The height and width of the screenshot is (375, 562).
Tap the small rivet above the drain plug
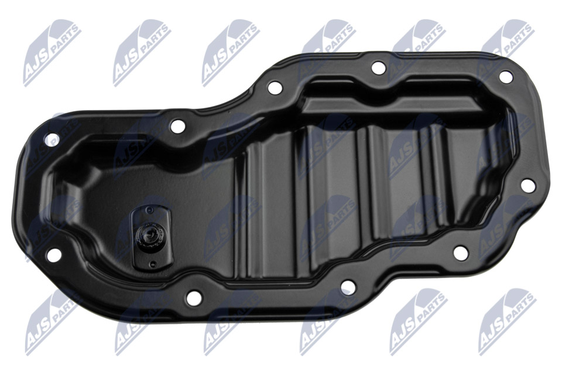click(150, 210)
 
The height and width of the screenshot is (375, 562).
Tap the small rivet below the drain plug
click(153, 264)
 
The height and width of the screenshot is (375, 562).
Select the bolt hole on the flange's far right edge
click(527, 185)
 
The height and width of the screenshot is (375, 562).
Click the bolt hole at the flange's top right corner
click(506, 76)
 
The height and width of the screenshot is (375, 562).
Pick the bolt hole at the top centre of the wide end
click(379, 67)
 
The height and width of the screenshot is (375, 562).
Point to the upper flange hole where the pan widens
click(275, 87)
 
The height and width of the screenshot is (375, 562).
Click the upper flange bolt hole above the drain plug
click(178, 127)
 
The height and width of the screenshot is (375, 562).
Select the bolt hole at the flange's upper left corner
click(52, 139)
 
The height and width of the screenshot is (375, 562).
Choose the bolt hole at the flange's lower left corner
click(54, 254)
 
